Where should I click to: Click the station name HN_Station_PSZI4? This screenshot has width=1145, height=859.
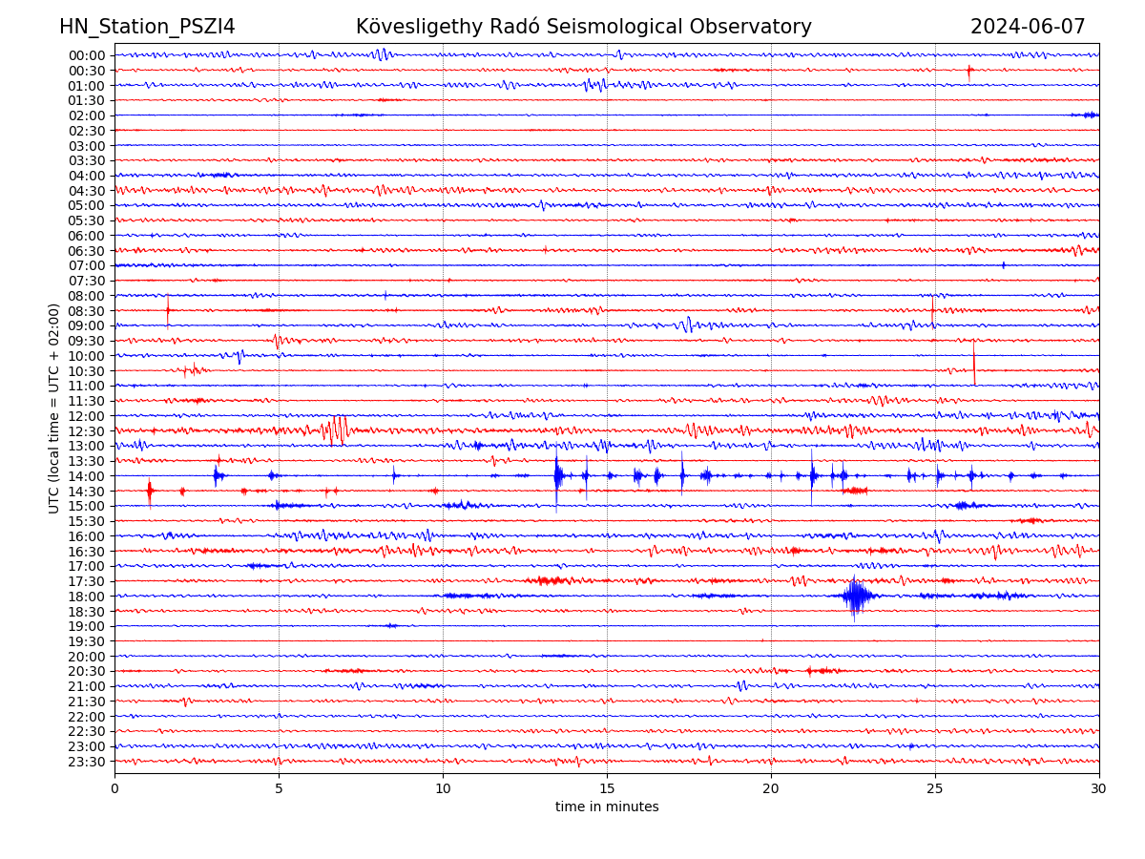click(x=147, y=27)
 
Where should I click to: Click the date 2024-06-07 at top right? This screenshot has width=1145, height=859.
click(x=1028, y=27)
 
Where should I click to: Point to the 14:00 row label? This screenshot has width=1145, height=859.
click(x=87, y=476)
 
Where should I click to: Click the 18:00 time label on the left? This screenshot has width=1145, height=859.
click(x=87, y=597)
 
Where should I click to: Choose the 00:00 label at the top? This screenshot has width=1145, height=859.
click(x=87, y=55)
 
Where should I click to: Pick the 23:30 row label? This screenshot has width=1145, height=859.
click(x=87, y=762)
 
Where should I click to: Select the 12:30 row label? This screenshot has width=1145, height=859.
click(x=87, y=430)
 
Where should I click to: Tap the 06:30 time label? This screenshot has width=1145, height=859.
click(x=87, y=251)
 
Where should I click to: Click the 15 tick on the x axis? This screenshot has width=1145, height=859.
click(x=607, y=789)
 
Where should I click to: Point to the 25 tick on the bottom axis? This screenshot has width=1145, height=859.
click(x=935, y=789)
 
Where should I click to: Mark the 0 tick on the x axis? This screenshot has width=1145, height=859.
click(x=114, y=789)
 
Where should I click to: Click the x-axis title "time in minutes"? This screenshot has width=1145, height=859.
click(x=607, y=807)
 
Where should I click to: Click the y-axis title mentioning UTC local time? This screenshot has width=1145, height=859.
click(x=54, y=409)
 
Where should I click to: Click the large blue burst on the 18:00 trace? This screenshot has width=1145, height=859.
click(x=856, y=597)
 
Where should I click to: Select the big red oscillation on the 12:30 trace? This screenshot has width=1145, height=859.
click(x=336, y=430)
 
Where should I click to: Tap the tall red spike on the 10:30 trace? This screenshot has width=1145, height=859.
click(x=974, y=364)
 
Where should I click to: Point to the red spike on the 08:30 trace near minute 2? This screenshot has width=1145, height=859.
click(x=168, y=310)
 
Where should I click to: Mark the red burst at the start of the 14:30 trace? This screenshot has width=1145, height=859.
click(x=150, y=491)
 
